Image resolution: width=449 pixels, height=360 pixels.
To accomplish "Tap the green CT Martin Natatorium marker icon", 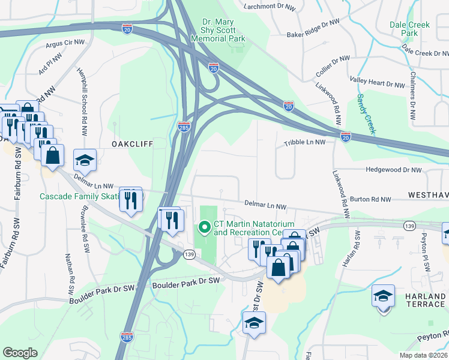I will point(204,227).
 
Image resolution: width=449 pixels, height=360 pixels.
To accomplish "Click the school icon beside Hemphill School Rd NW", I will point(85,160).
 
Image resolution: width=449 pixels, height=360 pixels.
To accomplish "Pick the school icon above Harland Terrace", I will point(383,296).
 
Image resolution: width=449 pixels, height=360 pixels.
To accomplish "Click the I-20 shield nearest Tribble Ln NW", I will point(345,137).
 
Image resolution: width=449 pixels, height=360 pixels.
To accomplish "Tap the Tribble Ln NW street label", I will point(304,143).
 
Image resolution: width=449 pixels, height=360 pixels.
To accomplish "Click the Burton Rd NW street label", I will point(370,199).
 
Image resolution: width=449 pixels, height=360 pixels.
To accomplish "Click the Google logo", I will point(20,353).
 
